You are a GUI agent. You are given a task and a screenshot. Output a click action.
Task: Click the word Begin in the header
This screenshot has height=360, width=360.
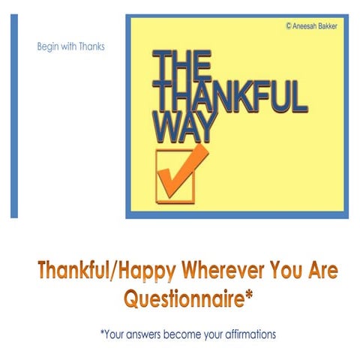coord(47,46)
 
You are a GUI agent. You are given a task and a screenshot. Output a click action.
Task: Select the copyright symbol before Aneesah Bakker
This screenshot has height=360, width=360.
coord(289,25)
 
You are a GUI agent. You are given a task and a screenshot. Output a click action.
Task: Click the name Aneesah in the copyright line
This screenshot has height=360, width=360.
coord(306,25)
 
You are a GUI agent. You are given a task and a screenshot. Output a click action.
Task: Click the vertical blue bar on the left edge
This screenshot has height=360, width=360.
coord(14,115)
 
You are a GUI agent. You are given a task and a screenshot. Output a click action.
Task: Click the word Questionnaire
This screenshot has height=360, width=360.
coord(183,298)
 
